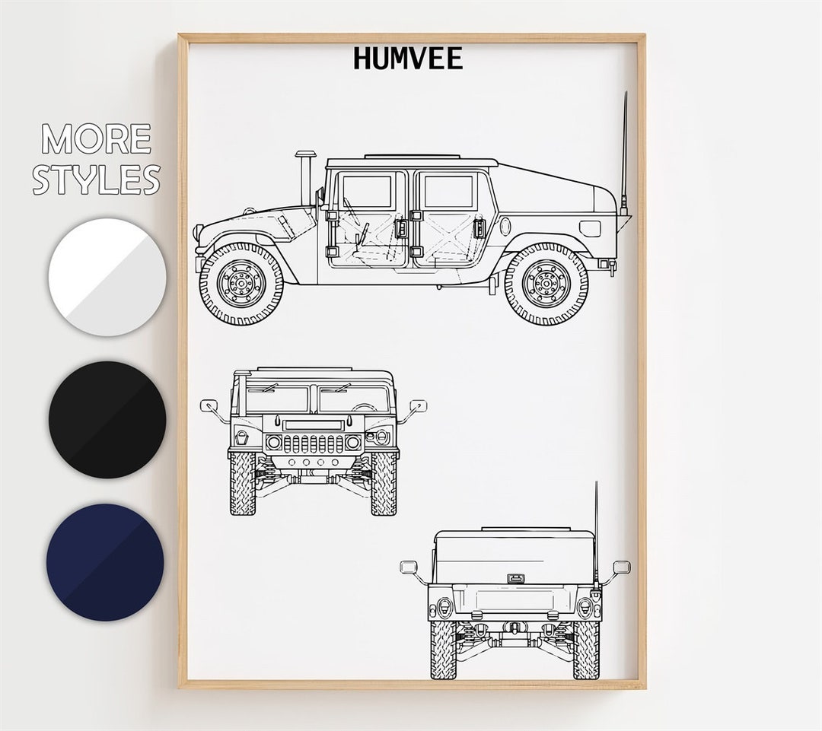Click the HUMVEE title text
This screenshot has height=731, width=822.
(x=408, y=59)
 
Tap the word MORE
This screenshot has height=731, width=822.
(x=97, y=139)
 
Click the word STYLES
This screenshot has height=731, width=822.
(x=97, y=180)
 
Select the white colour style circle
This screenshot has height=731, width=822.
(x=107, y=277)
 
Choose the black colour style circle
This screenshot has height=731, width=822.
(x=107, y=419)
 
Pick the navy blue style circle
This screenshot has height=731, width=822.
(x=105, y=561)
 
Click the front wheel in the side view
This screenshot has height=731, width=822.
(x=241, y=284)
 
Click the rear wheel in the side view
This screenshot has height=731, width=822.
(x=546, y=284)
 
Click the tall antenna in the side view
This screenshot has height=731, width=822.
(x=624, y=152)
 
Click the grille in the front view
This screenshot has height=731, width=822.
(x=313, y=443)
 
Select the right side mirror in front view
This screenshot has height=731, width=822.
(x=418, y=406)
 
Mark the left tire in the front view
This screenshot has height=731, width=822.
(x=243, y=484)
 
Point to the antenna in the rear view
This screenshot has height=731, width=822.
(x=596, y=525)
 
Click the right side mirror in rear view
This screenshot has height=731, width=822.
(x=621, y=567)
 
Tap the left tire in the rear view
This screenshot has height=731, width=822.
(x=443, y=650)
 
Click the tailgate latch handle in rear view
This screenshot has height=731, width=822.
(x=515, y=578)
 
